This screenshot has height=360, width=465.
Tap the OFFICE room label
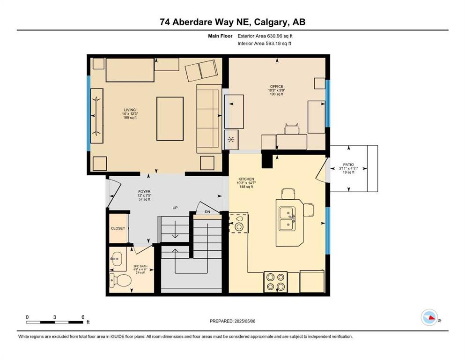276,86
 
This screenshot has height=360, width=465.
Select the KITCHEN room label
246,179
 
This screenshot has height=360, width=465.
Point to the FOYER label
144,191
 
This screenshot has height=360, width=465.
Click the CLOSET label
118,228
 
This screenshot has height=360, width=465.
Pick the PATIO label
347,165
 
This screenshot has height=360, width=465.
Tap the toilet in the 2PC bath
120,281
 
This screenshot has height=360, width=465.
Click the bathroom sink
117,259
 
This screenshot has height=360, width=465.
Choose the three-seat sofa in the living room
208,118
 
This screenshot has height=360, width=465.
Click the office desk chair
291,128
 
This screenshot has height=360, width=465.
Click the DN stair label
207,212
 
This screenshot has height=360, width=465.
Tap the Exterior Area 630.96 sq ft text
265,36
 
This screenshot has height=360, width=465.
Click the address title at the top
232,22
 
